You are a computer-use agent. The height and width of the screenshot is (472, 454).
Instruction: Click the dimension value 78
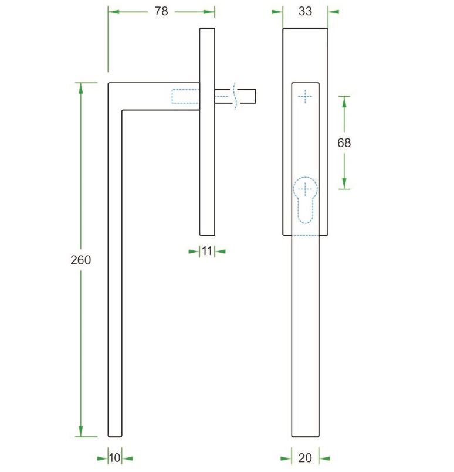click(x=161, y=12)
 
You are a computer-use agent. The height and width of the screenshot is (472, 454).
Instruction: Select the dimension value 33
click(x=305, y=11)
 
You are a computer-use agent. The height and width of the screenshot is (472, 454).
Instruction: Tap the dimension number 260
click(x=80, y=260)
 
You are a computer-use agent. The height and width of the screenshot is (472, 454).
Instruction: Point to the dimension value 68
click(x=344, y=142)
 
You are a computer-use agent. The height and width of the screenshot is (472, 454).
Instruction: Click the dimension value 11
click(x=206, y=251)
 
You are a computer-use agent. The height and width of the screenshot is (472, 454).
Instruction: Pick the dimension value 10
click(x=115, y=458)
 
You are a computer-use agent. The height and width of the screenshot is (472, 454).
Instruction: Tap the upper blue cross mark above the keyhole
click(x=305, y=97)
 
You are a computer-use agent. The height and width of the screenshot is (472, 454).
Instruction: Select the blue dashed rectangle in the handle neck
click(x=185, y=96)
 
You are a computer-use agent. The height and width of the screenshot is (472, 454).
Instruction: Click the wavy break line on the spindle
click(x=235, y=96)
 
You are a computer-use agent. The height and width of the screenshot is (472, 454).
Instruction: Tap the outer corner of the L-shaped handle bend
click(x=109, y=84)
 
